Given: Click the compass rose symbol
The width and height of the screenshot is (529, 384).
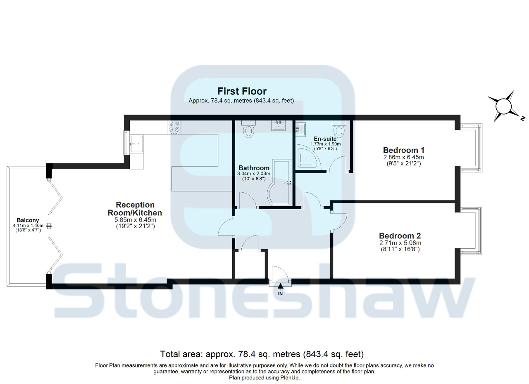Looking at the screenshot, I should coord(503,106).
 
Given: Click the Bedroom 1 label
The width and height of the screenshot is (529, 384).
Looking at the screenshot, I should coord(403,150).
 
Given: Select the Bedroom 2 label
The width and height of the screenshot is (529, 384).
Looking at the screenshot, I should coord(400,236).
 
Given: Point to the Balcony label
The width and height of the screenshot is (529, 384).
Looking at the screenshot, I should coord(28,220).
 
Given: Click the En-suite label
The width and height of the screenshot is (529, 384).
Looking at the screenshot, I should coord(325,139).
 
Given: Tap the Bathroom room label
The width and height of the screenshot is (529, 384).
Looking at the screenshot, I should coord(254,168).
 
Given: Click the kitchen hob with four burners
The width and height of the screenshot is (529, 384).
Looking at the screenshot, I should coord(174,127).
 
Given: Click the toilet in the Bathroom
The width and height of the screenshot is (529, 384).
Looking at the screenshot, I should coord(248,130).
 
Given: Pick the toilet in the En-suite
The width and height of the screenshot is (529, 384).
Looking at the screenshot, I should coord(339,130).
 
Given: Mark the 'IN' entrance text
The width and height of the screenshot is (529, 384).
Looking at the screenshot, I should coord(280,294).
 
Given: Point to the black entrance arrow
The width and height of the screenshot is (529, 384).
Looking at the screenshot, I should coord(281,285).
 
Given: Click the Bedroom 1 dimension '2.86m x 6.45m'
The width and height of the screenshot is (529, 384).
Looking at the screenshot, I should coord(403,157).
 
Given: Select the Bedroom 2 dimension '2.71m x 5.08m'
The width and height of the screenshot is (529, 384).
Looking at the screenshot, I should coord(400,243).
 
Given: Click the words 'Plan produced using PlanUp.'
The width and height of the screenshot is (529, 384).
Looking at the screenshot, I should coord(264,377).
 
